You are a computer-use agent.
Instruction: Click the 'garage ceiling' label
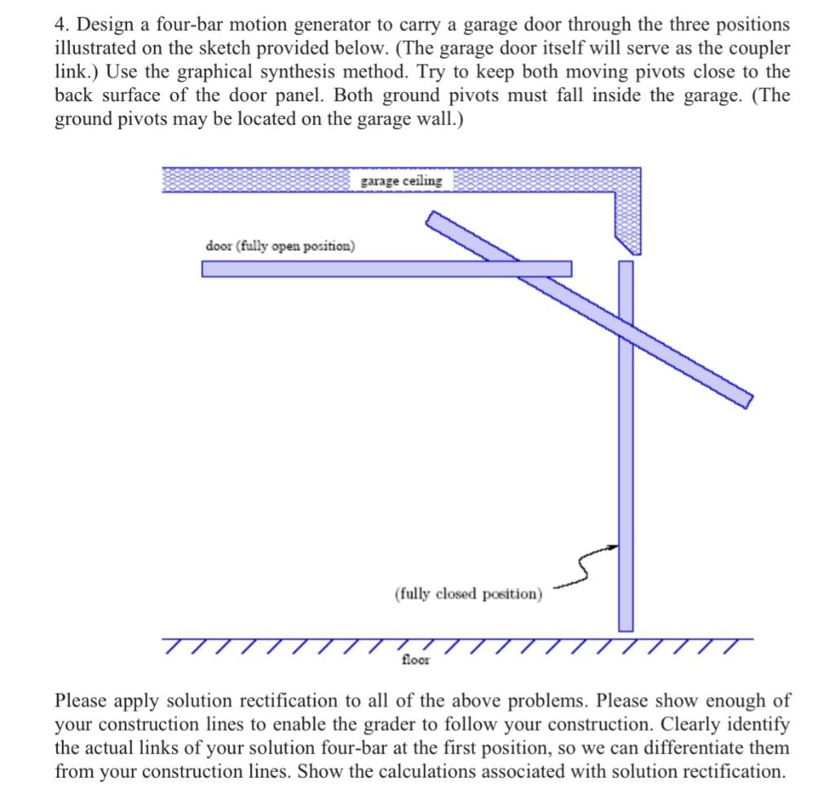(402, 181)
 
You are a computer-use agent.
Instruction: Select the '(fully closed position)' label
(468, 594)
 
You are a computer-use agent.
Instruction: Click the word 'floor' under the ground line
(416, 660)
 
